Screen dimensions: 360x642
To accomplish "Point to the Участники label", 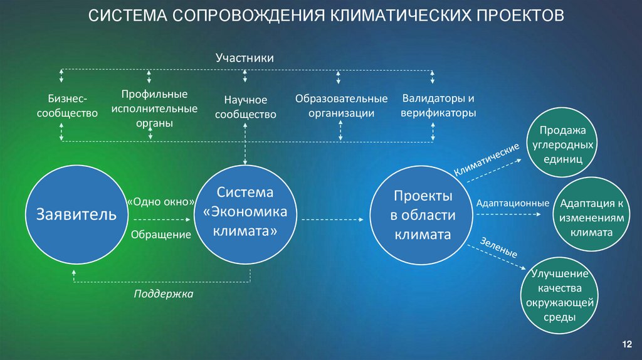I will coord(245,58).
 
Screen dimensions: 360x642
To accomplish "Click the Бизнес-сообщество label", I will coord(67,107).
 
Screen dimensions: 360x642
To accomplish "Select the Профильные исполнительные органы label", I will coord(154,109).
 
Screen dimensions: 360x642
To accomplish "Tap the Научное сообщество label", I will coord(245,107).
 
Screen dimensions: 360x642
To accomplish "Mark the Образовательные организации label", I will coord(342,106).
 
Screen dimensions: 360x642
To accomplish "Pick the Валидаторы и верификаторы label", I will coord(439,106).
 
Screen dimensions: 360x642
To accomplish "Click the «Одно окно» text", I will coord(160,202).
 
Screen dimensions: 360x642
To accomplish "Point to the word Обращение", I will coord(160,235).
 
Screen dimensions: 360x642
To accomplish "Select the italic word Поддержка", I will coord(163,294).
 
